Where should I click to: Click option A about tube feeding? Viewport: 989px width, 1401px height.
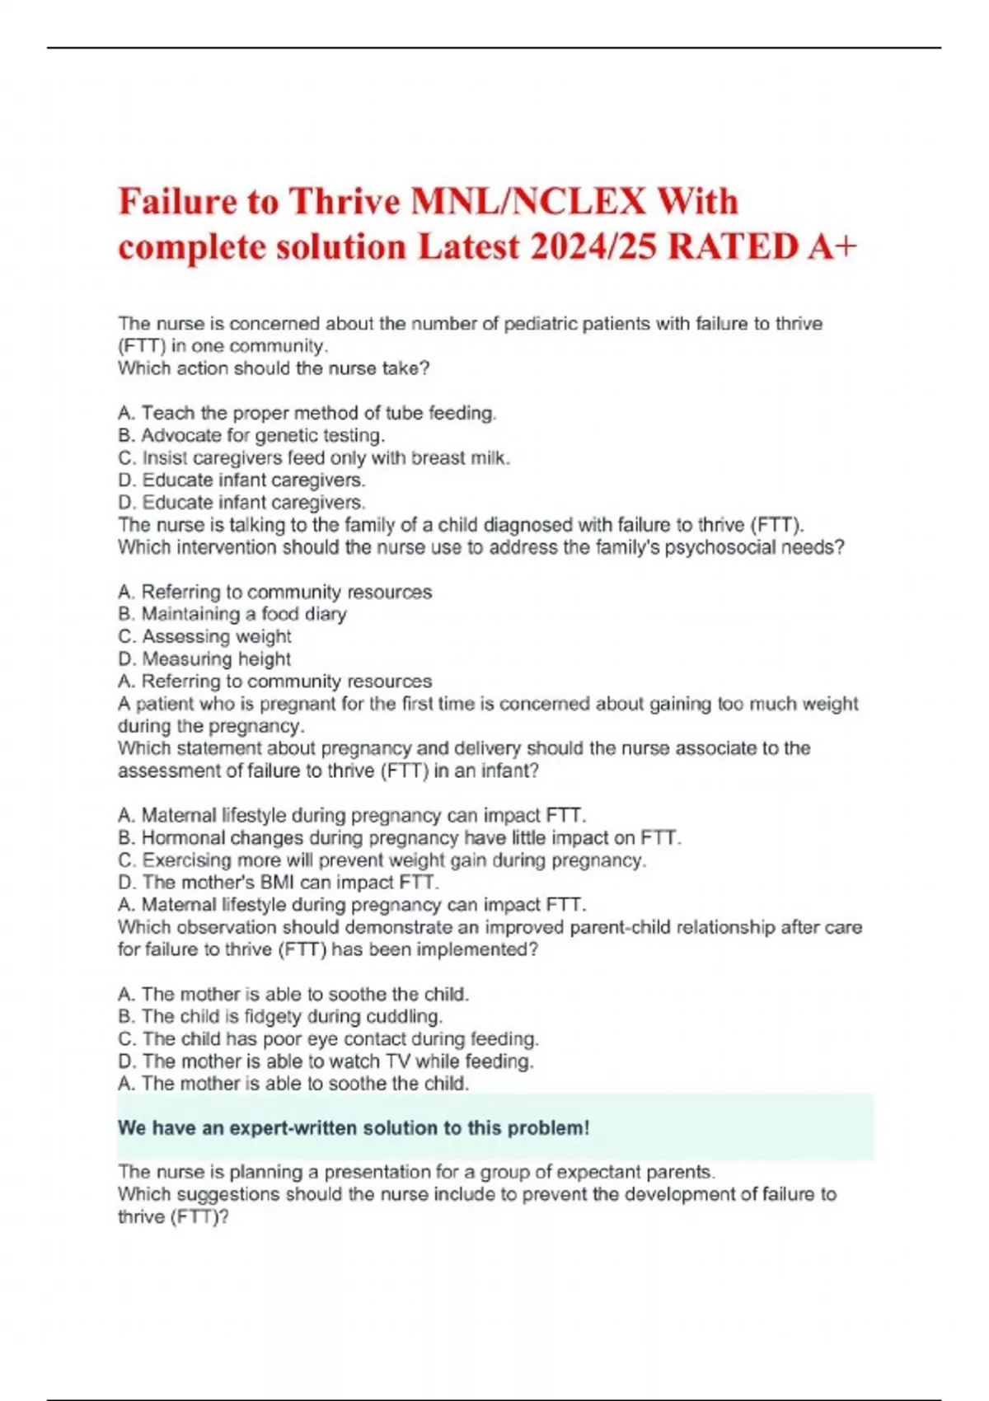[307, 413]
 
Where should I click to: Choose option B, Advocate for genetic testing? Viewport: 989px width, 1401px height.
[251, 435]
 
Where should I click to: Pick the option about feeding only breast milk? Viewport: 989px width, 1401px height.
[314, 457]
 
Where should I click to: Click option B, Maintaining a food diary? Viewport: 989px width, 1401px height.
[232, 614]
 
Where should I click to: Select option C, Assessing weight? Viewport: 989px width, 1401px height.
[204, 636]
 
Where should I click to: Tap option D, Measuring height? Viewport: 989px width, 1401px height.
[204, 658]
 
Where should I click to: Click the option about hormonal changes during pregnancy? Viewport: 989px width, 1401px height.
[400, 838]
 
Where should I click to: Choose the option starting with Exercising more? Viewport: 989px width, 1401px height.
[382, 860]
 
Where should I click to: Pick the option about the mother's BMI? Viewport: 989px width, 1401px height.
[279, 883]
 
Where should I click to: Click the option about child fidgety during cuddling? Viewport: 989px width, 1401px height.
[280, 1016]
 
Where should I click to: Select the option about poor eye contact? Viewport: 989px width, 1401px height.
[328, 1039]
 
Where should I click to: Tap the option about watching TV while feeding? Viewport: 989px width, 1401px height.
[326, 1061]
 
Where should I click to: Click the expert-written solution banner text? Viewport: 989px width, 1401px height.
[354, 1128]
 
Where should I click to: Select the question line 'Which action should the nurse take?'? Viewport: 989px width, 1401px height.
[274, 368]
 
